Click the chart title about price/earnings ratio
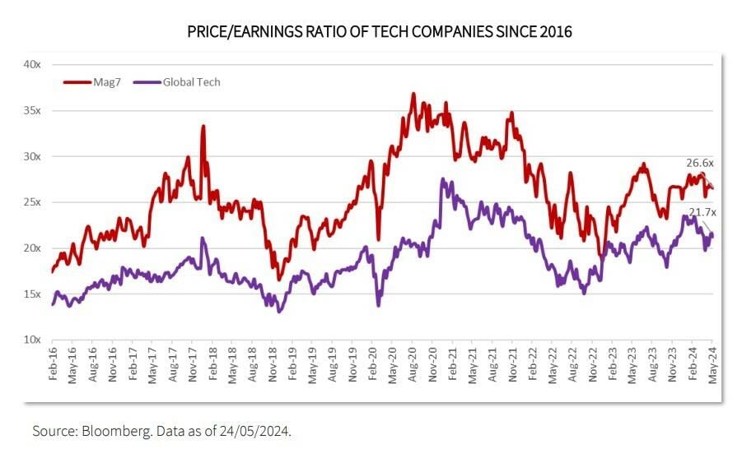(371, 32)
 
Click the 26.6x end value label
(700, 163)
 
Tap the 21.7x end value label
(702, 213)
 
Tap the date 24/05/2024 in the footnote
(254, 431)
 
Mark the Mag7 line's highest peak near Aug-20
(413, 95)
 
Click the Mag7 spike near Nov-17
(203, 127)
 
